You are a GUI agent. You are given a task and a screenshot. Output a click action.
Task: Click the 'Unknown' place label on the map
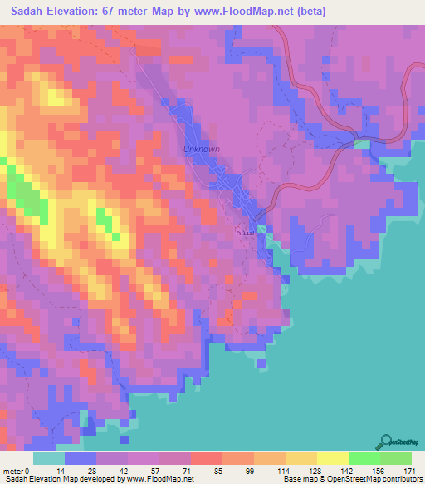click(x=202, y=150)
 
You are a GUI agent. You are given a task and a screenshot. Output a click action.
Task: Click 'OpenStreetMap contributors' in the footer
click(x=380, y=479)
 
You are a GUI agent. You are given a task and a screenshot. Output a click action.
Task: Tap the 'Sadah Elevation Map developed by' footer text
click(x=62, y=479)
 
